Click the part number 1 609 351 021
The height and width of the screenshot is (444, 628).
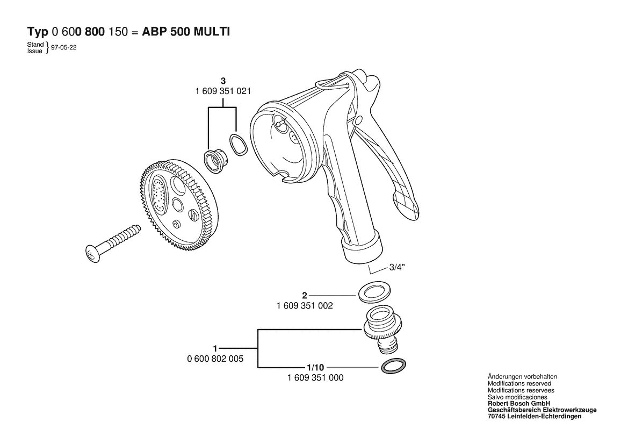223,91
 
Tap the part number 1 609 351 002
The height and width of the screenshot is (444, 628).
305,306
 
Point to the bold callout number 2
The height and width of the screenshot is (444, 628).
305,296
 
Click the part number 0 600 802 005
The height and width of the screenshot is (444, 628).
215,359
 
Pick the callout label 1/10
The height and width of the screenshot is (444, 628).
315,368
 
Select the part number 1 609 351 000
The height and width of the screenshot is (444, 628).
315,378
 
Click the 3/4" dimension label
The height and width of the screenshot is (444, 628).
397,268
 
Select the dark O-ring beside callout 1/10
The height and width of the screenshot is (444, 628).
393,366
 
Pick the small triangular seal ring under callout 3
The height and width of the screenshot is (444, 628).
239,145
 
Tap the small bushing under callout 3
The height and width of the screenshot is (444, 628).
216,161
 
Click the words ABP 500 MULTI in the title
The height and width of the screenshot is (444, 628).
186,32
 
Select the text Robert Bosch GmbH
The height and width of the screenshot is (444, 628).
518,404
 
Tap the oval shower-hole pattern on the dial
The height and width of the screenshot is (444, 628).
158,195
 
